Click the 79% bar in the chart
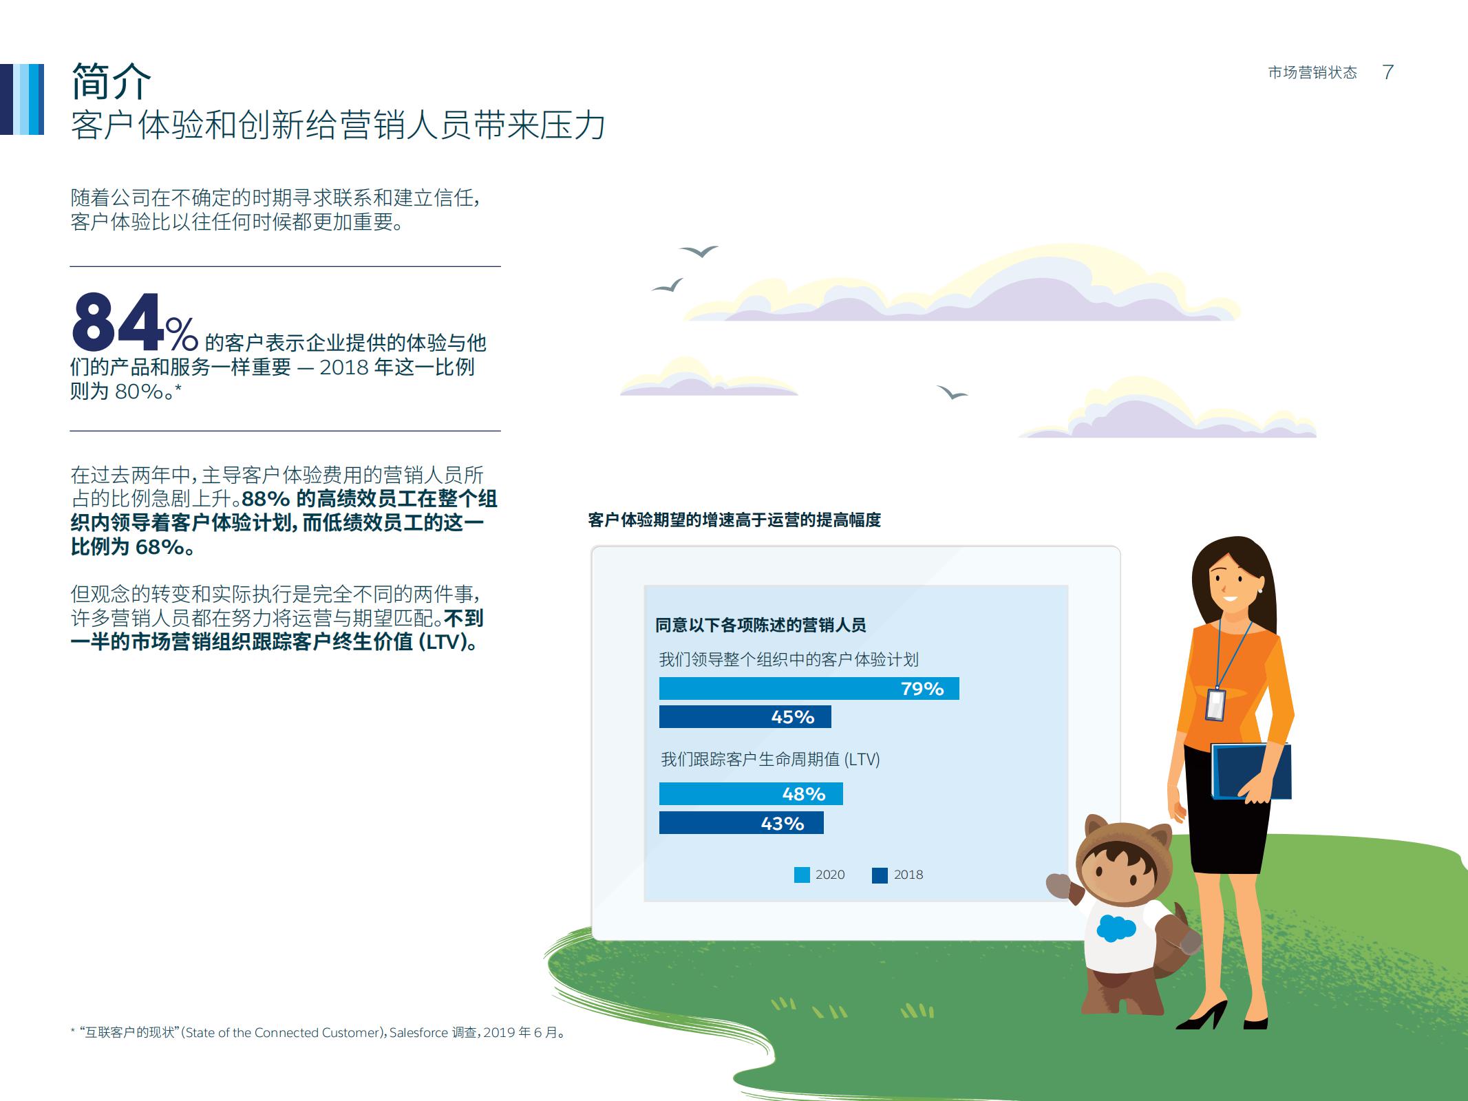click(x=809, y=688)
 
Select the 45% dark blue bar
click(x=745, y=717)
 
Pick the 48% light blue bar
click(x=750, y=794)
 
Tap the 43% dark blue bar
click(x=741, y=823)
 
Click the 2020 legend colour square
click(x=802, y=875)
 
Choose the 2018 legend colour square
click(x=880, y=875)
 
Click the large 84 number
click(x=118, y=323)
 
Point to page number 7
click(x=1387, y=72)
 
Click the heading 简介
click(x=111, y=81)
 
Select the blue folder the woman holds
click(x=1251, y=771)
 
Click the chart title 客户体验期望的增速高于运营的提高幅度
click(x=734, y=520)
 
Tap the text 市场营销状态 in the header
click(x=1312, y=73)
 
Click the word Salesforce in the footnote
click(x=418, y=1033)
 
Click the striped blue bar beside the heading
click(x=22, y=99)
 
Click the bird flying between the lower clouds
click(x=952, y=393)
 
